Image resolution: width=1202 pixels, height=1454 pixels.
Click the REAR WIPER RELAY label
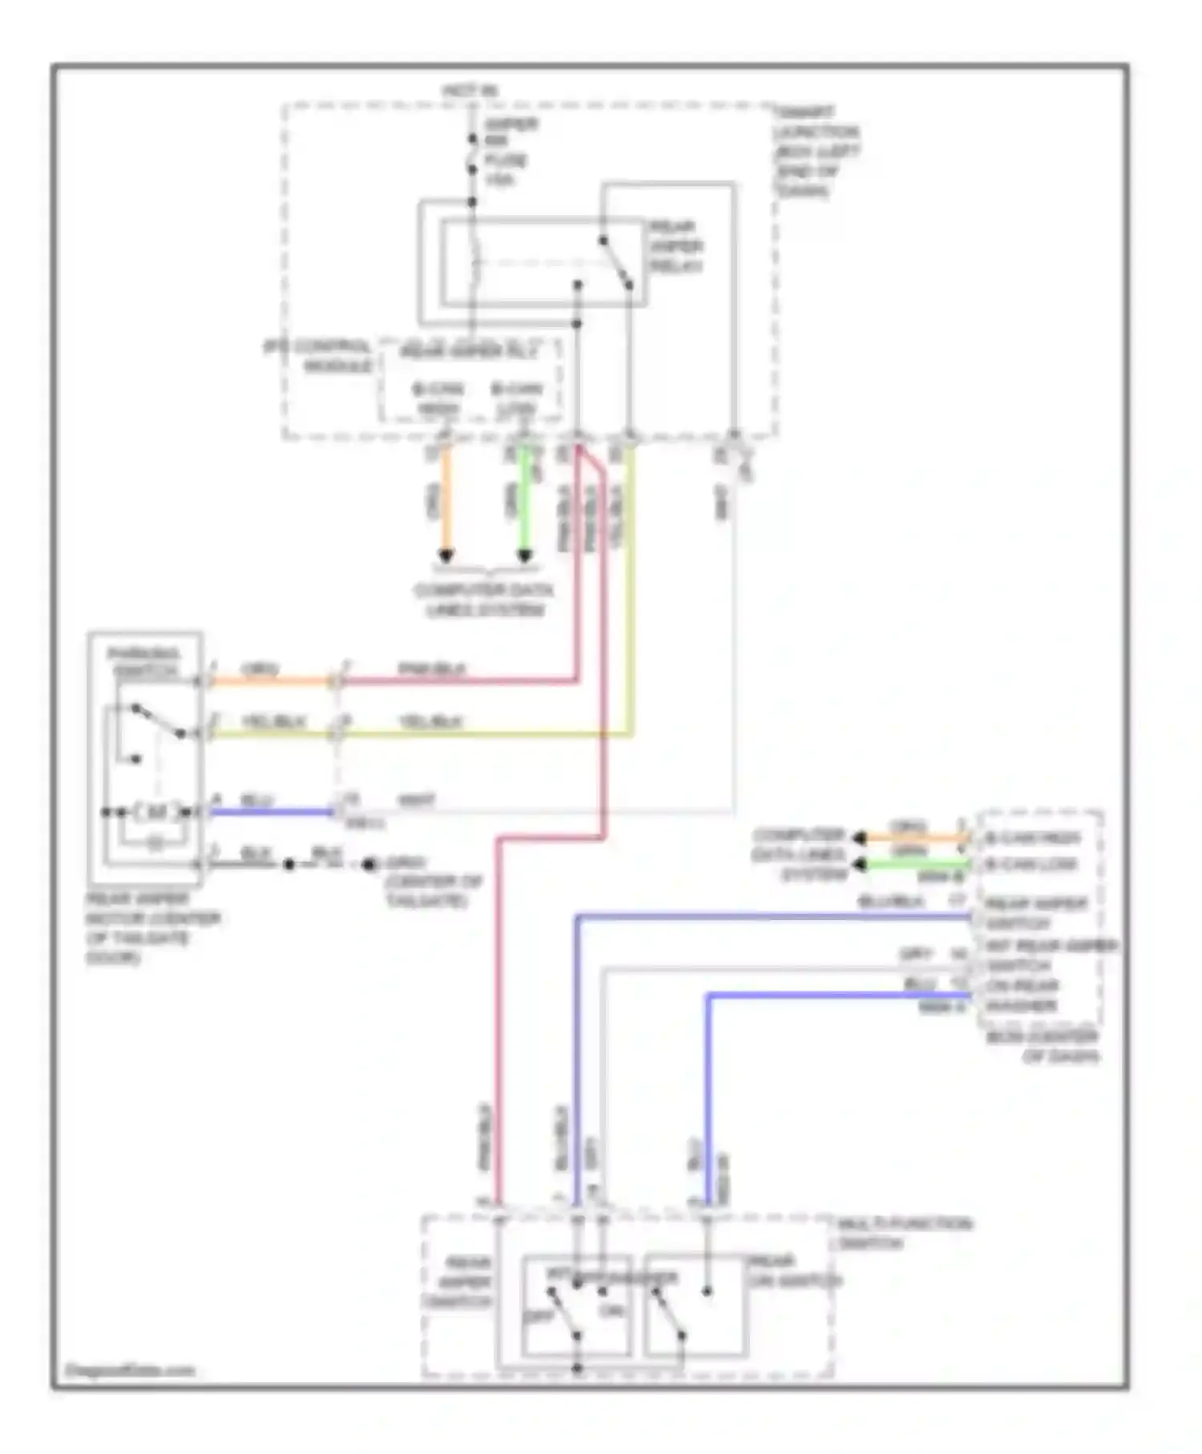pos(676,246)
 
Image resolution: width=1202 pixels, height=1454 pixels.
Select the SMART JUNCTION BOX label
pos(815,151)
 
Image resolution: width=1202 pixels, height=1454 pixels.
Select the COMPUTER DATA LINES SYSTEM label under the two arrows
pos(483,600)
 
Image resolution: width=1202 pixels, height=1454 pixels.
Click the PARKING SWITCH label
pos(144,662)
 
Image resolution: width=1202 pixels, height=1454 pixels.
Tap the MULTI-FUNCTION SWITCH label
pos(903,1234)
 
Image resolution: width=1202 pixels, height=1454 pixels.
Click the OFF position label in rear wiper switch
pos(538,1317)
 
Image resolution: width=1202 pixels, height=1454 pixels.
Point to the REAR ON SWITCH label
pos(793,1271)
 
